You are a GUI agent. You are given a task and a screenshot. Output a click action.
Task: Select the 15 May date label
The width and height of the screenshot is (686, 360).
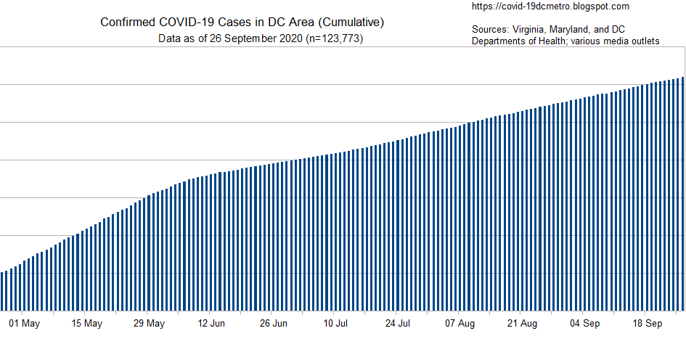[87, 324]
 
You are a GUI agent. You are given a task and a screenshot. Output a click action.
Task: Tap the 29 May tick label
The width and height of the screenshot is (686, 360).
[150, 324]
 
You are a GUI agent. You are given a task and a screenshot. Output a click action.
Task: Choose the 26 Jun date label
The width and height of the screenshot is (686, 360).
[274, 324]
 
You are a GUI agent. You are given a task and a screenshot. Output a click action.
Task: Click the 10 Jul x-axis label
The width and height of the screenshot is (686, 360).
[336, 324]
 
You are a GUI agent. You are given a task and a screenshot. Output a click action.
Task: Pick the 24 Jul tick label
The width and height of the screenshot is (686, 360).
[399, 324]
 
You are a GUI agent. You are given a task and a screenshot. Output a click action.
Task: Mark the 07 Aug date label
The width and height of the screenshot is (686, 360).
[460, 324]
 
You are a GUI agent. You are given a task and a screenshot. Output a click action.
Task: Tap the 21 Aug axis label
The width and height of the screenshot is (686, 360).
[523, 324]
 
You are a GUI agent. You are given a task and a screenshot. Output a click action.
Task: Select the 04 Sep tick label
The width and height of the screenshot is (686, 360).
[585, 324]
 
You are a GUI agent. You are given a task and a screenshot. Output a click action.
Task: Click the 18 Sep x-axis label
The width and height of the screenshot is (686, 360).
[647, 324]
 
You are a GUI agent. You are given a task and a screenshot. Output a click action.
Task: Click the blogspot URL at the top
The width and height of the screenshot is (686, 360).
[550, 7]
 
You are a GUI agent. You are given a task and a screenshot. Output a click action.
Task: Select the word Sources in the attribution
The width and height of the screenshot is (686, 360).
[490, 30]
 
